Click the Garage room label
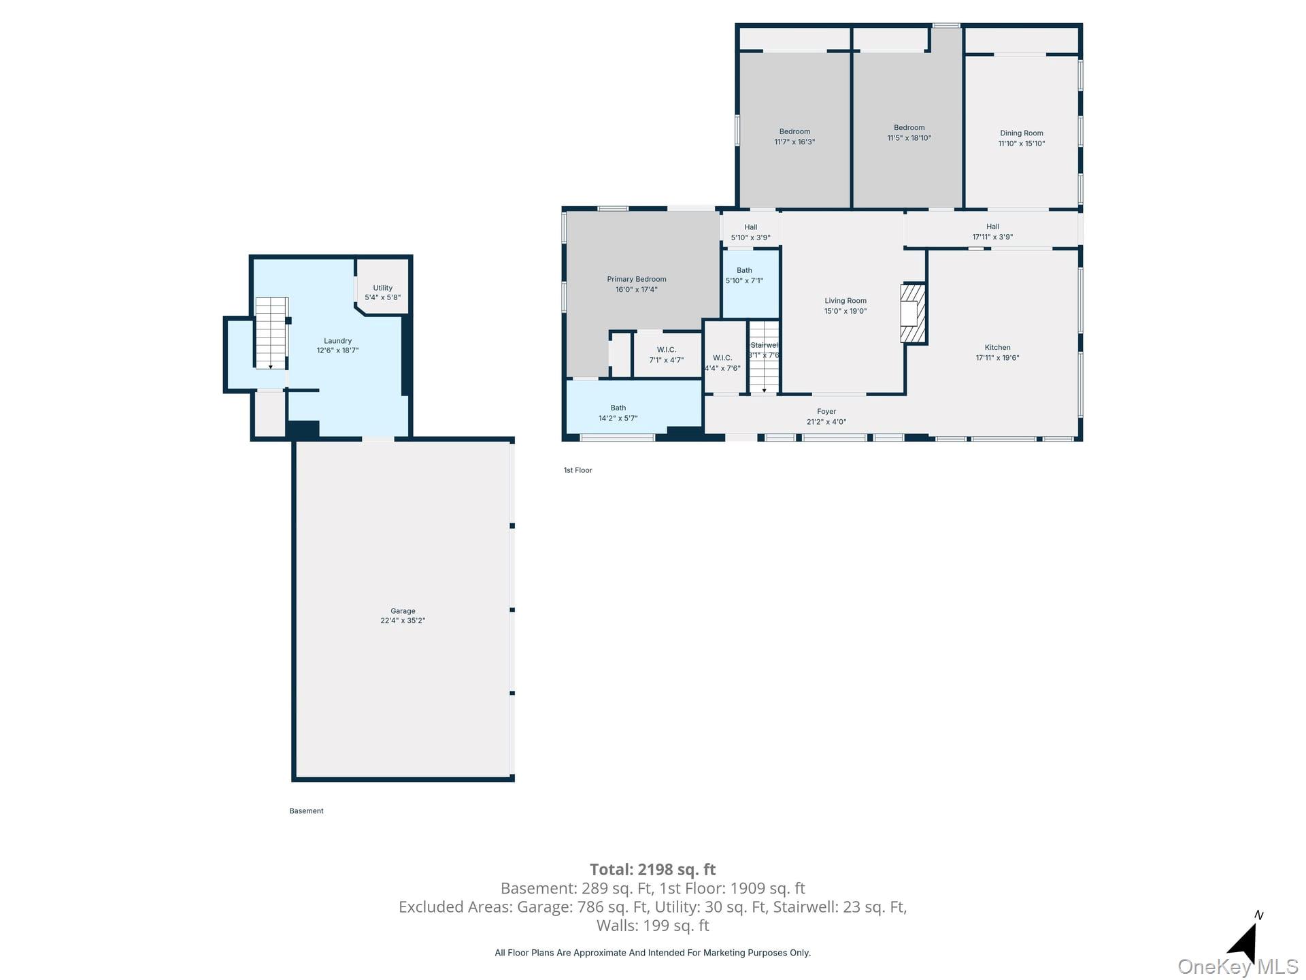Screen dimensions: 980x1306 click(x=403, y=610)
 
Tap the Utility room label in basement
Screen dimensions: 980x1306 click(x=382, y=288)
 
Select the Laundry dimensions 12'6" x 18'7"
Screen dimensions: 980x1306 click(x=337, y=350)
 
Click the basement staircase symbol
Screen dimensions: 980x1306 click(x=271, y=333)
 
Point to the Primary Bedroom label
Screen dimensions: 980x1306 click(x=636, y=279)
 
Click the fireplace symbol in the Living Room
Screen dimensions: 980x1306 click(x=912, y=313)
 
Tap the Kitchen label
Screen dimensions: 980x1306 click(x=997, y=347)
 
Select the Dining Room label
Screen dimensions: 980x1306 click(x=1021, y=133)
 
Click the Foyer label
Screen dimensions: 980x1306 click(x=826, y=411)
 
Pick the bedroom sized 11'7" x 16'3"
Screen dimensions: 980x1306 click(x=794, y=137)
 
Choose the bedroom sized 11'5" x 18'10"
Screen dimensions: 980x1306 click(x=909, y=133)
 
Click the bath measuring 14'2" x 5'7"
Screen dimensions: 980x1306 click(x=618, y=413)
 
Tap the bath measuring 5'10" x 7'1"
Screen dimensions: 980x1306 click(x=744, y=275)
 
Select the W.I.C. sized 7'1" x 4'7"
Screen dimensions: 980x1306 click(x=666, y=355)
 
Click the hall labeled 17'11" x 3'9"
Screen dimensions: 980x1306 click(x=992, y=231)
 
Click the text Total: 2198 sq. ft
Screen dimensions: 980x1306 click(x=652, y=869)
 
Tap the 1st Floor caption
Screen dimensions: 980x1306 click(x=577, y=470)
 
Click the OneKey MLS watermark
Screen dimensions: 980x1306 click(x=1237, y=966)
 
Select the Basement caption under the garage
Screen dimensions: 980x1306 click(x=306, y=811)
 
